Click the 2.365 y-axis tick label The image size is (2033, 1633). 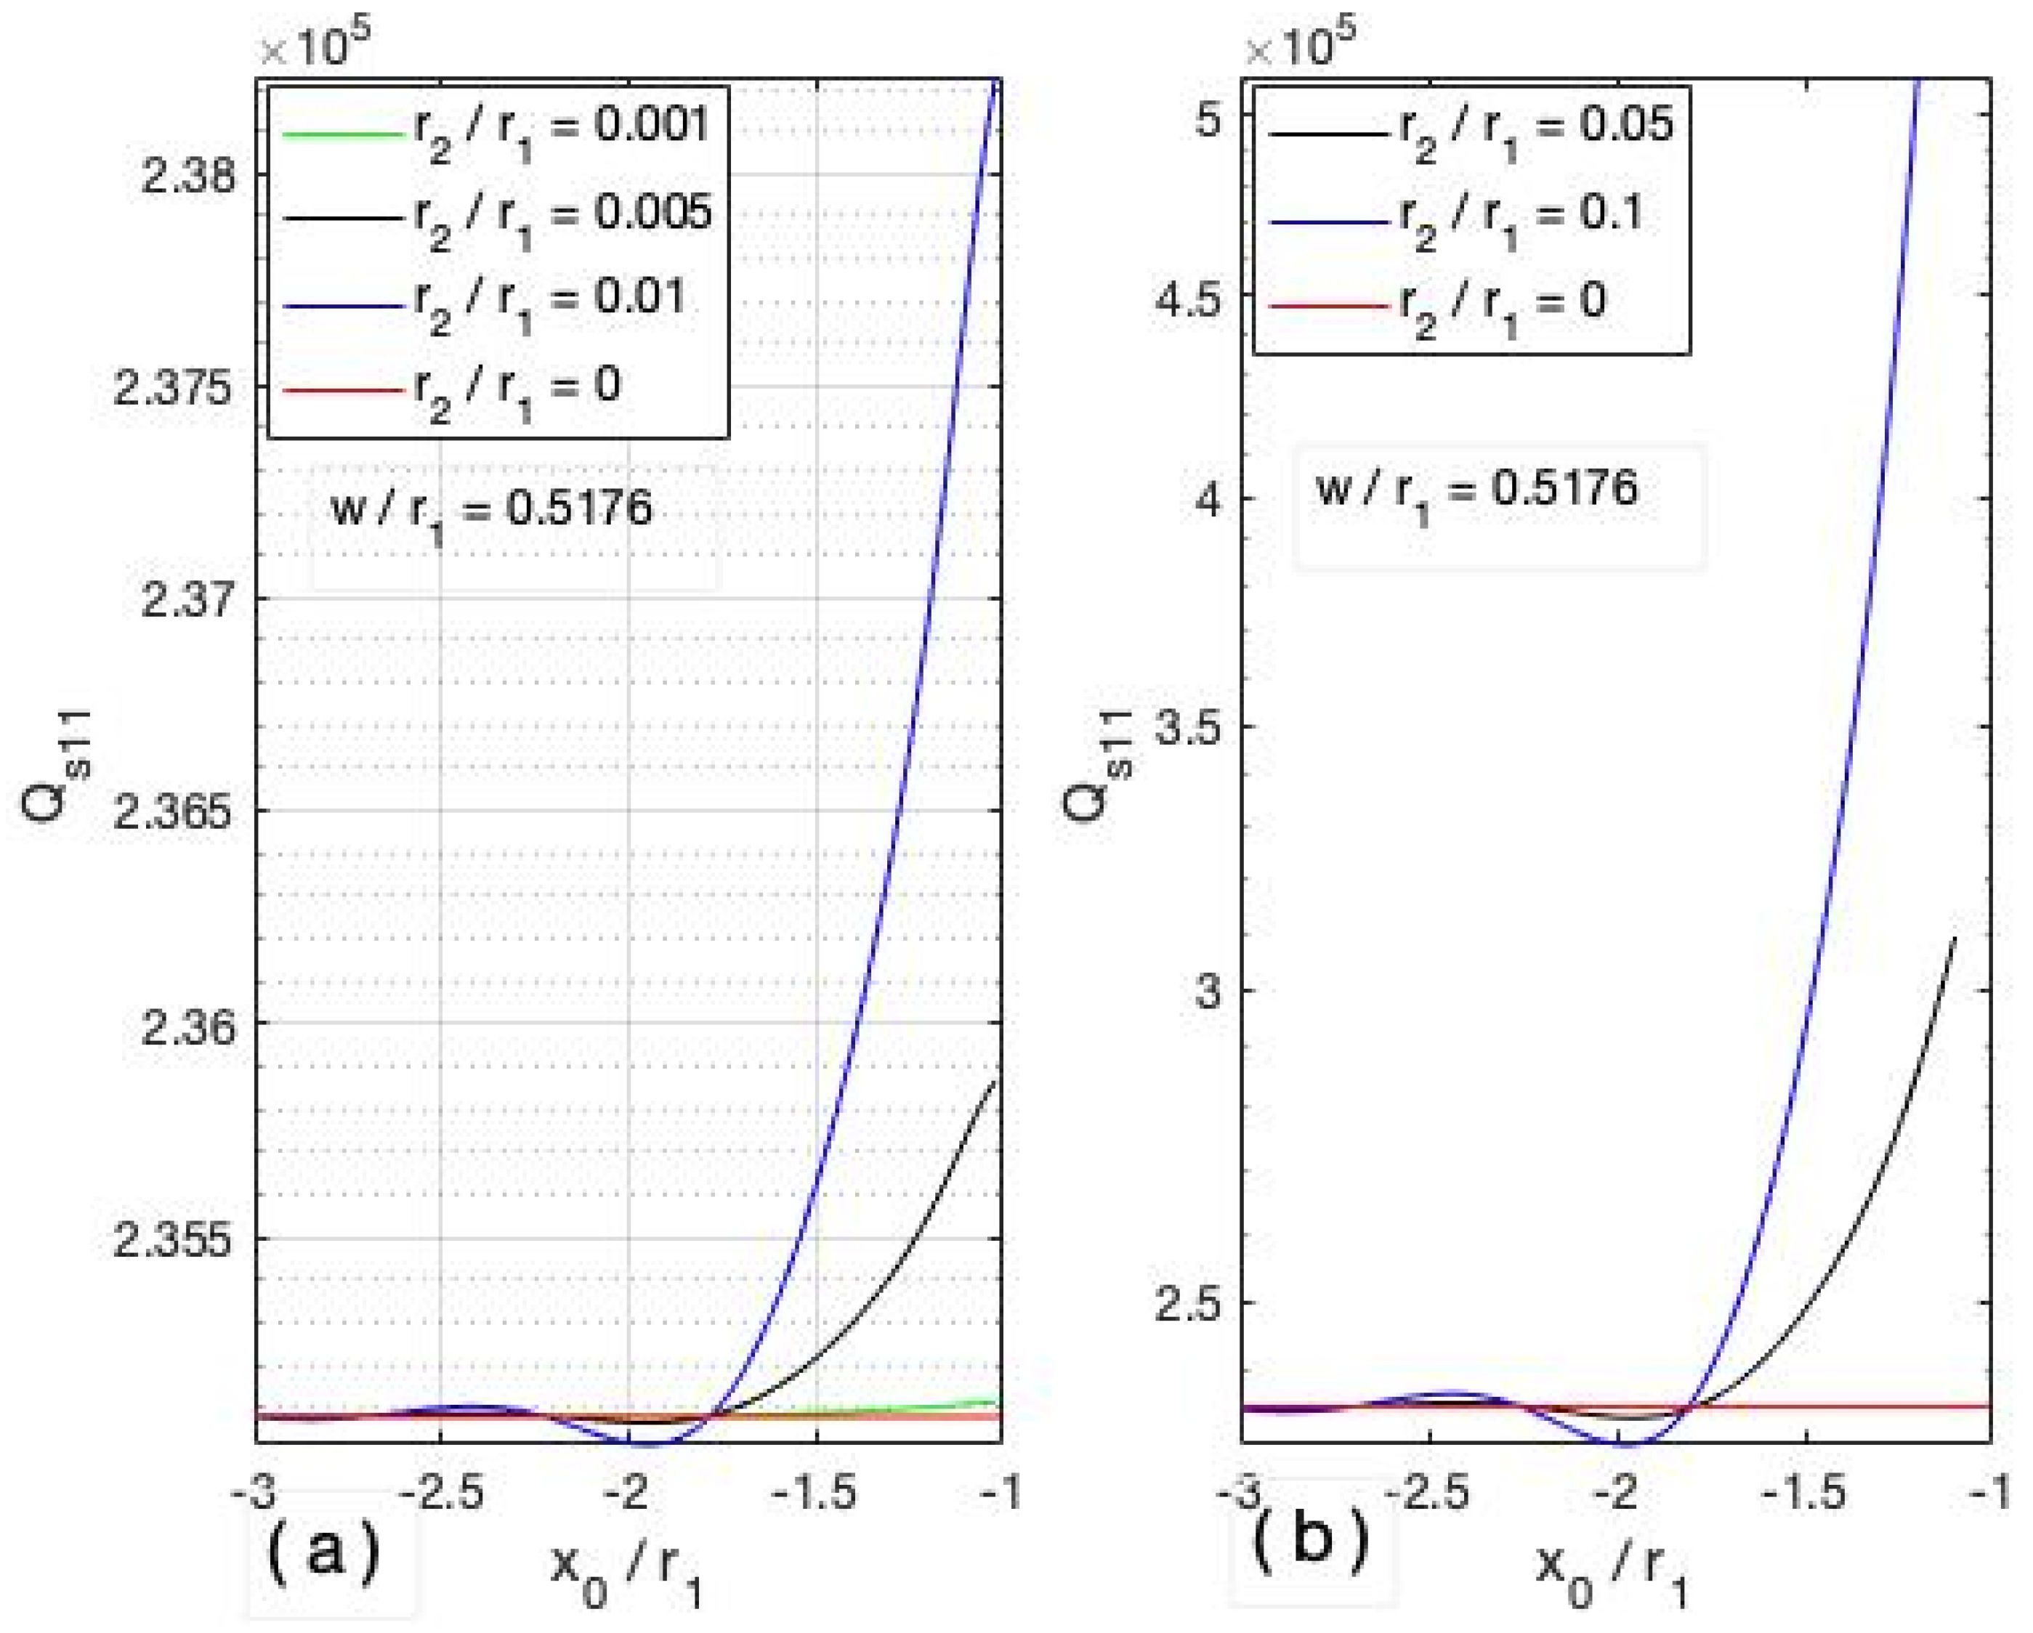pos(171,813)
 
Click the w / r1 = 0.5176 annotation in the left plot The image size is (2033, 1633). pos(490,514)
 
